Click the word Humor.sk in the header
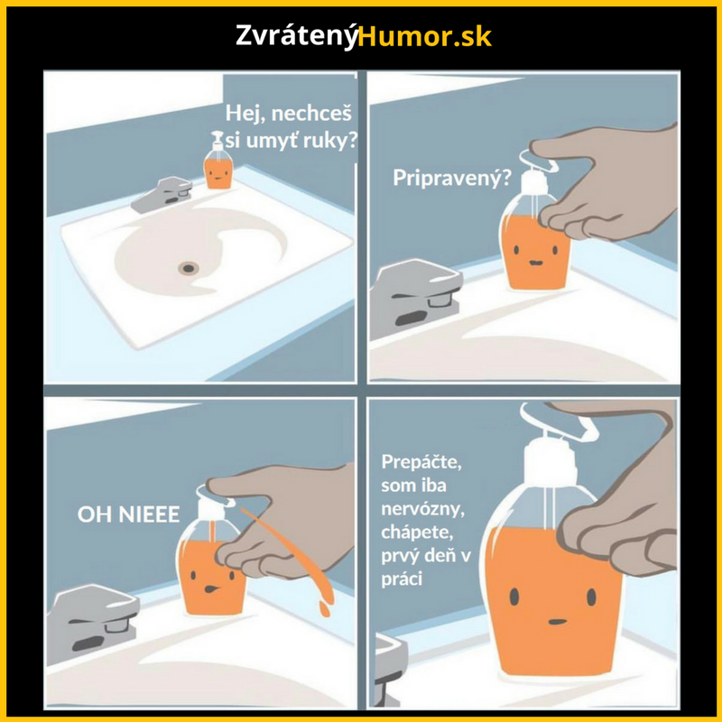(x=424, y=37)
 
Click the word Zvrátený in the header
(x=297, y=36)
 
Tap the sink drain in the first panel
(x=189, y=267)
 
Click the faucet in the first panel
(x=162, y=194)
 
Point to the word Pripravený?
(x=452, y=178)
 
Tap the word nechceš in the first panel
(x=311, y=114)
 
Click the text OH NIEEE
(x=128, y=514)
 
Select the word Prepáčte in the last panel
(x=421, y=462)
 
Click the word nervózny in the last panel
(x=422, y=509)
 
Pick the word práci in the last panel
(x=402, y=579)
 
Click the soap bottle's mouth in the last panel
(x=557, y=622)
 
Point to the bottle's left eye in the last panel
(x=514, y=597)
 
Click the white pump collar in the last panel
(x=551, y=462)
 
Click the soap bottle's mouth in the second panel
(x=535, y=263)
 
